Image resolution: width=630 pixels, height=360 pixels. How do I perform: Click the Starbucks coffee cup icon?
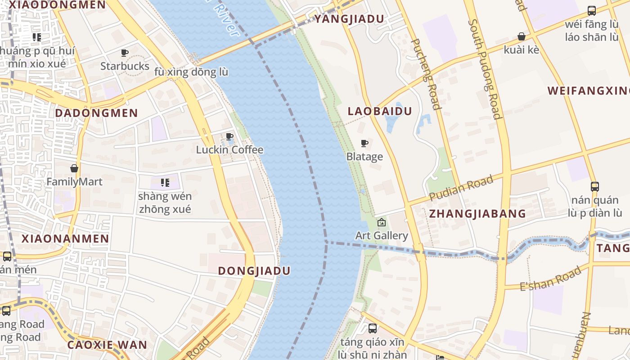125,53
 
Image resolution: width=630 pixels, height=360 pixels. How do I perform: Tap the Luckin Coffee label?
229,150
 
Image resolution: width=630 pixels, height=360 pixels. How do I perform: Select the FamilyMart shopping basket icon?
74,169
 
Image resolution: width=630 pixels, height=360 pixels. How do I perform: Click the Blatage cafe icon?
364,144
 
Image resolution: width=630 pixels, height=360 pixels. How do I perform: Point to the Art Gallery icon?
382,222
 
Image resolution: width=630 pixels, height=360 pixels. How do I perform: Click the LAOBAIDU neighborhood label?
380,111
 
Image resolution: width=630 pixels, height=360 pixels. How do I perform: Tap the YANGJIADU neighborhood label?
349,19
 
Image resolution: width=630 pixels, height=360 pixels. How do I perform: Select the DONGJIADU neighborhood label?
254,271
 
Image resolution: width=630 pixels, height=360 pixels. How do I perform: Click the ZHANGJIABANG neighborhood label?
477,214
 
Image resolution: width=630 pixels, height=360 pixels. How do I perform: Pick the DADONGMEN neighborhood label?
96,113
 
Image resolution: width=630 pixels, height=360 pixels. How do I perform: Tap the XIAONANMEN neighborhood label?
66,238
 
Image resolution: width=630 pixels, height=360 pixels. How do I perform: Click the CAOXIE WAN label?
107,345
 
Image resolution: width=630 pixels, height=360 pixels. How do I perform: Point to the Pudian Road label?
461,188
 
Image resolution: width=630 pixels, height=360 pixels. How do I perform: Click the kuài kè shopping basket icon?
522,36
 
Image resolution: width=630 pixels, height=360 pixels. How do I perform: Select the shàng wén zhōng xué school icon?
165,183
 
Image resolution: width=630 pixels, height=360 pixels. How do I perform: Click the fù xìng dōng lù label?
191,72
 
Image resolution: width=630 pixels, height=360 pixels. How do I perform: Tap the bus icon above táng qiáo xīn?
373,328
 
